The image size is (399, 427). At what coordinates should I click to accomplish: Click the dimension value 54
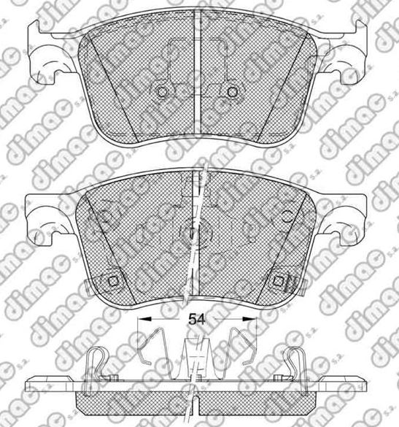coord(196,319)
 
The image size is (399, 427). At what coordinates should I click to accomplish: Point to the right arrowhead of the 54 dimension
coord(249,318)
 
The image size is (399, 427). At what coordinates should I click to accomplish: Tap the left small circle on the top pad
coord(162,92)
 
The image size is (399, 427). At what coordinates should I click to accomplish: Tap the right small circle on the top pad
coord(232,92)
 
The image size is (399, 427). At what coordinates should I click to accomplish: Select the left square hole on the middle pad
coord(112,281)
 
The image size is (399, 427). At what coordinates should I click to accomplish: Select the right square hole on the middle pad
coord(279,281)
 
